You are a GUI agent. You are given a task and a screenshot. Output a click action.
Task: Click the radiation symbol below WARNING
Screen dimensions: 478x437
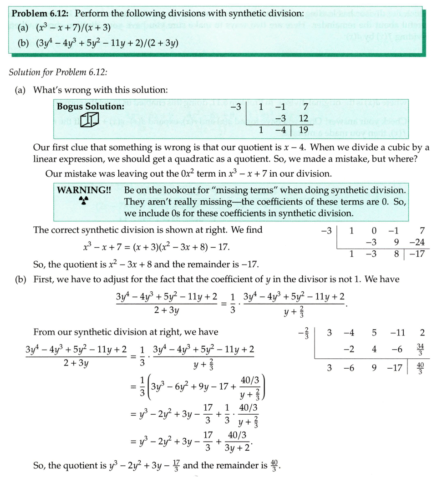tap(84, 200)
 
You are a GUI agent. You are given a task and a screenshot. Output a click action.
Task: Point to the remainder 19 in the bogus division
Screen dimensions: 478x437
tap(303, 130)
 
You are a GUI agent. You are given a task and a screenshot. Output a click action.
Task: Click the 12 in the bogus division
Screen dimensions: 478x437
tap(304, 118)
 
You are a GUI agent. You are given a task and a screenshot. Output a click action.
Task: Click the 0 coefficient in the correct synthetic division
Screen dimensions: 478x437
tap(373, 230)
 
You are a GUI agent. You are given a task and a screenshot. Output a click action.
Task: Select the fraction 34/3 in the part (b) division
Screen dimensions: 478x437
tap(420, 350)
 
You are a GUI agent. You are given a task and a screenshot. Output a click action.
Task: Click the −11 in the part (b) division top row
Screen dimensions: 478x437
tap(398, 333)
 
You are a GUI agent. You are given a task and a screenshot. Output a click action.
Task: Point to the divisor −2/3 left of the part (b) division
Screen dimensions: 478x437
tap(304, 333)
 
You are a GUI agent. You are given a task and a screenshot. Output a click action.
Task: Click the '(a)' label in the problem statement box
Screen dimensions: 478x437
tap(21, 29)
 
